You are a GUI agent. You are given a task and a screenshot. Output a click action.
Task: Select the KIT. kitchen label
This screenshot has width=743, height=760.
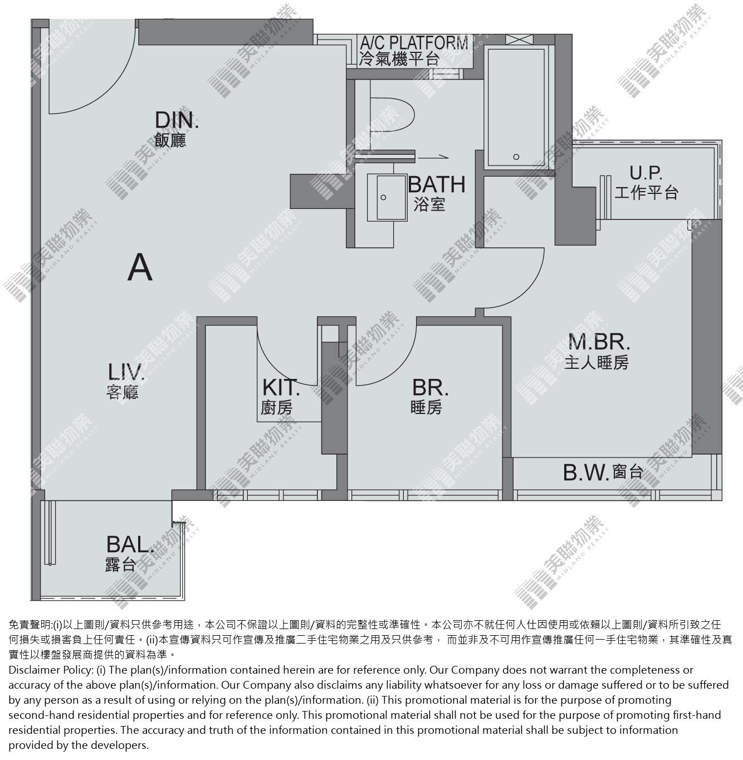tap(281, 387)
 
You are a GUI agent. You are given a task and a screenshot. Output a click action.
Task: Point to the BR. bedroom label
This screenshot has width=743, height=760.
tap(431, 387)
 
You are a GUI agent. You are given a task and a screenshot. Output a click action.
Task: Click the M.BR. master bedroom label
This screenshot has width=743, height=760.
tap(599, 342)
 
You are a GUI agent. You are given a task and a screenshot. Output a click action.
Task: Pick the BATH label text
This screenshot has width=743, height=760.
tap(437, 184)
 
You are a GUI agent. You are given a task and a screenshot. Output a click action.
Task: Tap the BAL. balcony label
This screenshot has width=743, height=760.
tap(130, 544)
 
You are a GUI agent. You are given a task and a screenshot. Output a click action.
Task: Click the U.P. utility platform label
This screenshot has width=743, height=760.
tap(646, 173)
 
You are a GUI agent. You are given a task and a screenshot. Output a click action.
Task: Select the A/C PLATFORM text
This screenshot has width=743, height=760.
tap(414, 42)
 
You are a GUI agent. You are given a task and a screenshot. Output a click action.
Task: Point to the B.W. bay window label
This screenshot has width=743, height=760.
tap(586, 472)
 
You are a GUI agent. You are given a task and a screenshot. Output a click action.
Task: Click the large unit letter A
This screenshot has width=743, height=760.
tap(140, 267)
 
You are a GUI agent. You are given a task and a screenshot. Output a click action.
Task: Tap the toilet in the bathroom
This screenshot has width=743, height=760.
tap(392, 115)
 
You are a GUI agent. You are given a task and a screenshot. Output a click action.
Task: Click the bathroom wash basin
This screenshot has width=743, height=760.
tap(387, 198)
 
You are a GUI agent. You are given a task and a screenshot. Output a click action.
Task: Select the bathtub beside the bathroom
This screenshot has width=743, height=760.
tap(515, 108)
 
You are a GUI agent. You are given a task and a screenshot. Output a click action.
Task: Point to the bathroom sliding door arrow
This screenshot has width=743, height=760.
tap(433, 158)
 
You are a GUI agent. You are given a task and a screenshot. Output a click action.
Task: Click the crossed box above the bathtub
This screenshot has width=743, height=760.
tap(519, 40)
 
